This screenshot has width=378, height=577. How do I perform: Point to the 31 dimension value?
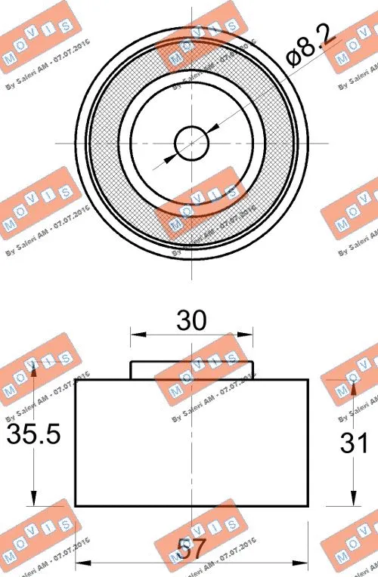pos(353,443)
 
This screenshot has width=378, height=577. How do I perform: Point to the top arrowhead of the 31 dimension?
pos(352,386)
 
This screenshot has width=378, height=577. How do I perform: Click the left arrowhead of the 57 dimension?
pos(80,562)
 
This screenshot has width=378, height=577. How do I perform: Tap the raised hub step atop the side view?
pos(191,370)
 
